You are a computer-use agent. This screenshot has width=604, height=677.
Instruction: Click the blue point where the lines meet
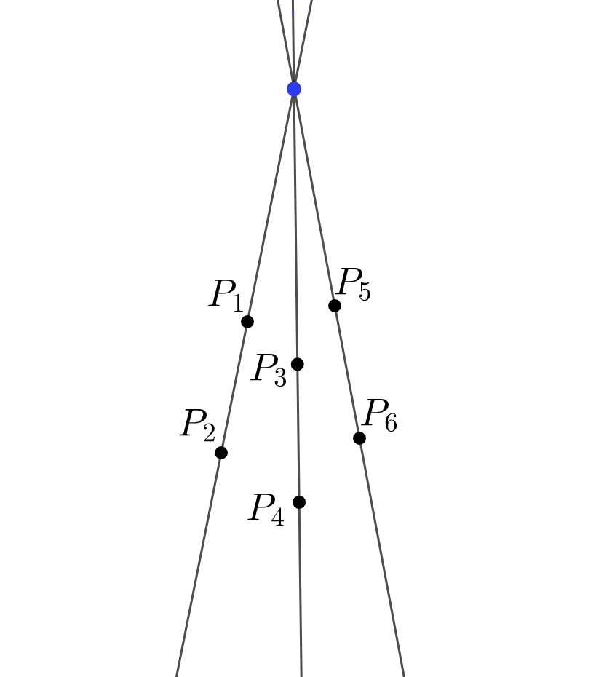(294, 89)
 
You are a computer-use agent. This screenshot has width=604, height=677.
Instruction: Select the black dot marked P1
(247, 321)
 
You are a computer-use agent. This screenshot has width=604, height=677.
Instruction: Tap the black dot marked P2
(221, 452)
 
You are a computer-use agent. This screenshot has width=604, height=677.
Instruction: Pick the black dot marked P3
(297, 364)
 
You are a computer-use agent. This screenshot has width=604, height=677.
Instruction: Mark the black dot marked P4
(299, 502)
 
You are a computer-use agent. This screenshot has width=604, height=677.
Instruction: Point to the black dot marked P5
(335, 306)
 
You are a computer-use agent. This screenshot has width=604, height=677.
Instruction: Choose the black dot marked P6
(359, 438)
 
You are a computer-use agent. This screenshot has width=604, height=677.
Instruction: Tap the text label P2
(197, 424)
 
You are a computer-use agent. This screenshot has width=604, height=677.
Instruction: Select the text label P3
(269, 369)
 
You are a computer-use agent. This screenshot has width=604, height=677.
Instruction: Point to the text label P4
(266, 509)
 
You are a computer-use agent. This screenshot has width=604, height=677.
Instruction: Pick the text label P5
(354, 283)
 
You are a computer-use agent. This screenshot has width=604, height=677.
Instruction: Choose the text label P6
(379, 415)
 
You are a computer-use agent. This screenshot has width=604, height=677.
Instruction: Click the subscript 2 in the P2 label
(209, 433)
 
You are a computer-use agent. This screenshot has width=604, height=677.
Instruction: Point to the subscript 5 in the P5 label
(364, 291)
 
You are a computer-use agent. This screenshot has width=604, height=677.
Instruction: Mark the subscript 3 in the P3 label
(279, 378)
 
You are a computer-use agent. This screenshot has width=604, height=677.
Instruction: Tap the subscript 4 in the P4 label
(277, 518)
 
